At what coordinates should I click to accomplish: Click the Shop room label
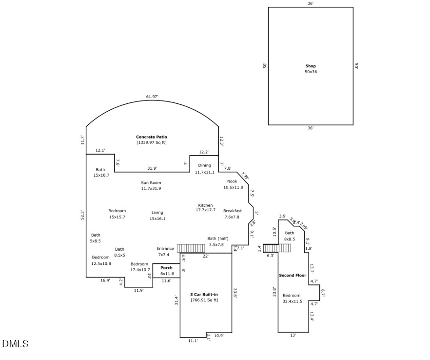click(x=311, y=66)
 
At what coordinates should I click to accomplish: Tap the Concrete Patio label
click(x=151, y=137)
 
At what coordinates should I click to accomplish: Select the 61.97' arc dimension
click(x=153, y=97)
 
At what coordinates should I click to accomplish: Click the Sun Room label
click(x=151, y=182)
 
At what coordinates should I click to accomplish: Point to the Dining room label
click(x=205, y=165)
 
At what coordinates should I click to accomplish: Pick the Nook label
click(x=233, y=181)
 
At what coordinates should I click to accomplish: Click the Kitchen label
click(x=205, y=205)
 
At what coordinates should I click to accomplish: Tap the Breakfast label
click(x=233, y=211)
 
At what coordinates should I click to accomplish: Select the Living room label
click(x=157, y=212)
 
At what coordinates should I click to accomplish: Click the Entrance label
click(x=165, y=249)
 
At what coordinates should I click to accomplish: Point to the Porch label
click(x=166, y=268)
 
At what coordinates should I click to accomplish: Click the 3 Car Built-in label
click(x=204, y=295)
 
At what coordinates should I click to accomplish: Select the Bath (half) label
click(x=217, y=239)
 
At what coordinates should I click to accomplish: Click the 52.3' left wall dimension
click(x=83, y=215)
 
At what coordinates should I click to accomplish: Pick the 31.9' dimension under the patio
click(x=152, y=169)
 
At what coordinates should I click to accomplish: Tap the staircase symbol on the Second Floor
click(x=277, y=248)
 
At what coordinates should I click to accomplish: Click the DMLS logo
click(x=15, y=344)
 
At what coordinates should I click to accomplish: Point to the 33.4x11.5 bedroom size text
click(x=293, y=301)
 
